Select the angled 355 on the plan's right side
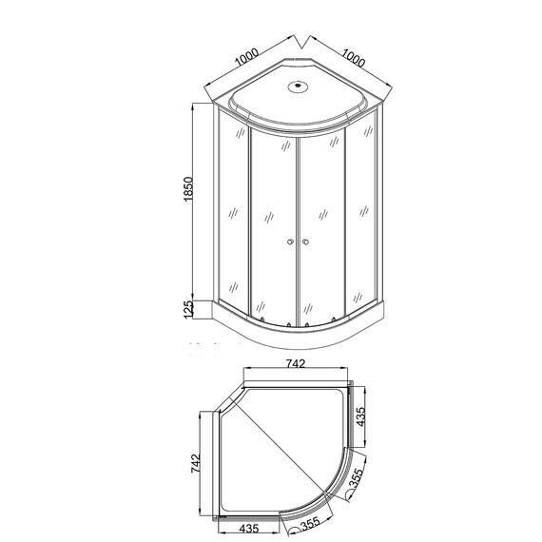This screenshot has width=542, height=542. pyautogui.click(x=355, y=480)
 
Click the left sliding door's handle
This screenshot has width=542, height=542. pyautogui.click(x=289, y=244)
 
